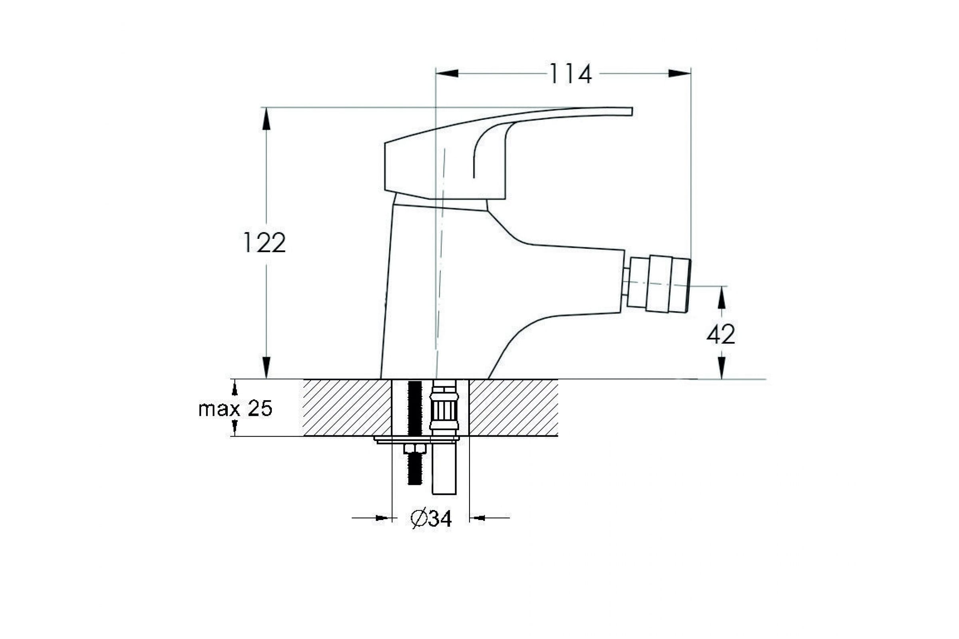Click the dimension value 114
click(x=571, y=74)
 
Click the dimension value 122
click(x=264, y=242)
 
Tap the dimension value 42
click(x=720, y=335)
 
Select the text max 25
click(x=235, y=409)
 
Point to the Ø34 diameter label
click(x=432, y=518)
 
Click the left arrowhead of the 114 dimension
click(x=447, y=73)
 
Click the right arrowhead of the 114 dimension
click(x=680, y=73)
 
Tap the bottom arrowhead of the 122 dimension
click(x=266, y=367)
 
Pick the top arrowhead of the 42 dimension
click(x=722, y=297)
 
